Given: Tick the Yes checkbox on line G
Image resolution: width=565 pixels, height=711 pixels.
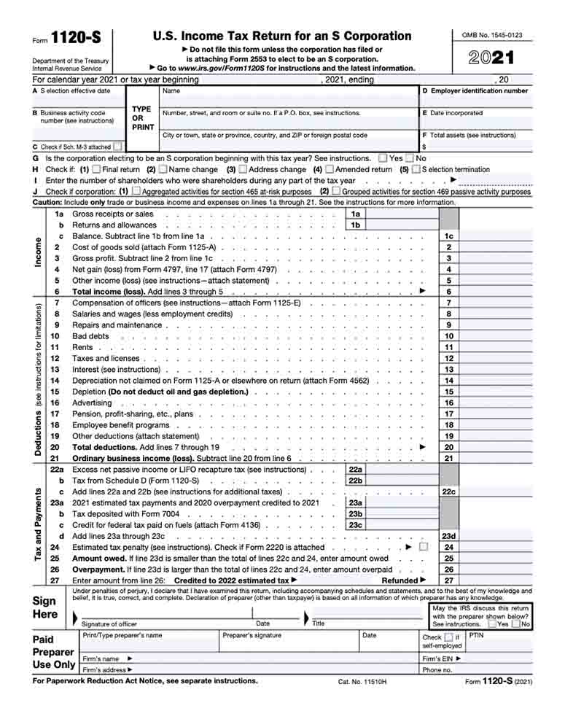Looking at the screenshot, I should [x=383, y=158].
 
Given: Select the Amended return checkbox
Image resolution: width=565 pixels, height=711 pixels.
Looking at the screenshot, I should [x=330, y=169].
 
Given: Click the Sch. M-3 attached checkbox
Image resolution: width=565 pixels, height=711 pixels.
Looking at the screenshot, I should [x=117, y=147].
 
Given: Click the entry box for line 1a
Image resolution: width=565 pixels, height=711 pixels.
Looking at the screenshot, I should [x=401, y=214].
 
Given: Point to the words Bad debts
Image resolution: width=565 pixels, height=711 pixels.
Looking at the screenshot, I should [x=90, y=336].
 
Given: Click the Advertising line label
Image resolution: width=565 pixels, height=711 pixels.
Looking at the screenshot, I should [x=92, y=403].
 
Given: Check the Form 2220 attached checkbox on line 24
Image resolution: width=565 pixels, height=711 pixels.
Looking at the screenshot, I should [x=424, y=547].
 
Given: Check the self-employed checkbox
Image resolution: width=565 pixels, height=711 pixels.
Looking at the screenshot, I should [x=448, y=637].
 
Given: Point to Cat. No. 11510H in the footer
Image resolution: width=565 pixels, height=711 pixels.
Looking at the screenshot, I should [x=362, y=681].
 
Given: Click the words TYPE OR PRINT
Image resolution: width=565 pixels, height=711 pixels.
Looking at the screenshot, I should [x=142, y=117].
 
